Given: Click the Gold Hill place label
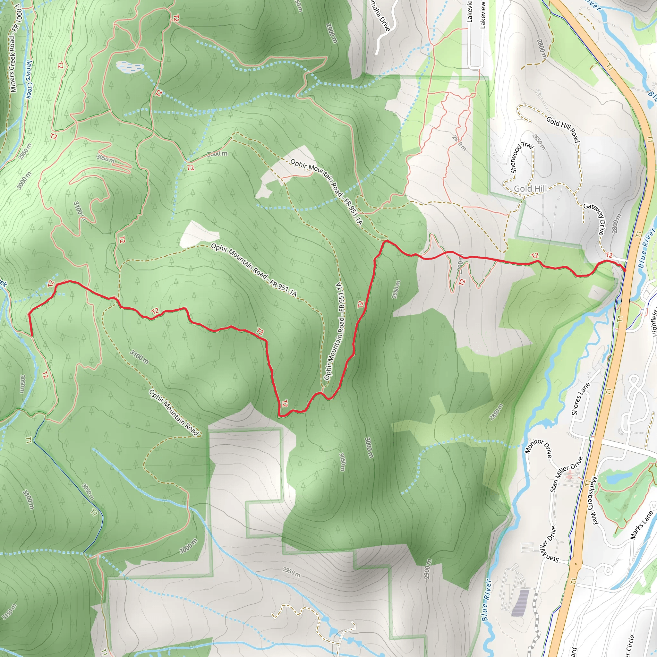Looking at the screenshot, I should click(x=530, y=189).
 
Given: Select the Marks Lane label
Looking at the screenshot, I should click(x=641, y=525).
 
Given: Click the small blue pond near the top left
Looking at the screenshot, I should click(x=130, y=67).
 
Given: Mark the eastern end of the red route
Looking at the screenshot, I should click(x=625, y=270).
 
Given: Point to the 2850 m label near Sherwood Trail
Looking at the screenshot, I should click(x=539, y=142).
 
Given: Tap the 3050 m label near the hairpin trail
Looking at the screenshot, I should click(x=106, y=158).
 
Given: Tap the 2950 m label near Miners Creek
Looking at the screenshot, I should click(x=25, y=151).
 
